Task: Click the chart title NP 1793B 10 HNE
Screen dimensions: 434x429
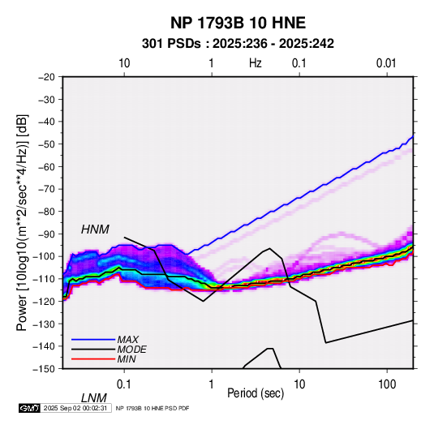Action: point(238,23)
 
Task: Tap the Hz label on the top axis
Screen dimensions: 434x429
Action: point(255,63)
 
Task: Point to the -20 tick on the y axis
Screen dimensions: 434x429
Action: point(46,77)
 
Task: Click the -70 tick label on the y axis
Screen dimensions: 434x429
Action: point(46,189)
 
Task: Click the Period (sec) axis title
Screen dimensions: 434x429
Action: point(256,393)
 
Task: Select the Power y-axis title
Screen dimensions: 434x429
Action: point(22,222)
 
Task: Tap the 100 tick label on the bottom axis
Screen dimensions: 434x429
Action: point(387,384)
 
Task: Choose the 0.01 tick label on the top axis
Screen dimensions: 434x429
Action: point(386,63)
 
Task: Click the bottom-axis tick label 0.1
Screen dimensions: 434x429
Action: point(123,384)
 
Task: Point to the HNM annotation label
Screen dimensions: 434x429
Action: point(95,230)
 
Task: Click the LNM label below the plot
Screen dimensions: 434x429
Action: point(93,398)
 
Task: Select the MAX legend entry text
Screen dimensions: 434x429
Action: point(128,339)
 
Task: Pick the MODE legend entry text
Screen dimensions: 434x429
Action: point(131,350)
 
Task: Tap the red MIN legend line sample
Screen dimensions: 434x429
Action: point(93,359)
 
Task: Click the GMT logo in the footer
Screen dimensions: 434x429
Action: point(29,408)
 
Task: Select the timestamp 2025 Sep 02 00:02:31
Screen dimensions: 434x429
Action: point(75,408)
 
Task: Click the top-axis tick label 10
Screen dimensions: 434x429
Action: point(124,63)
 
